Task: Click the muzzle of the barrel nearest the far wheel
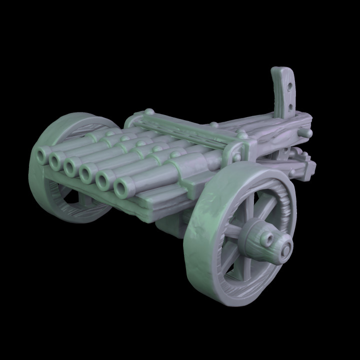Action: click(40, 156)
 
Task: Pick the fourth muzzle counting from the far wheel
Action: click(86, 173)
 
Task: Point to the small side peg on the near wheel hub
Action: click(270, 241)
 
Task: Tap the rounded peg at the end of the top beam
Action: click(307, 133)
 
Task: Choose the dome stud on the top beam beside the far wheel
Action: click(148, 112)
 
